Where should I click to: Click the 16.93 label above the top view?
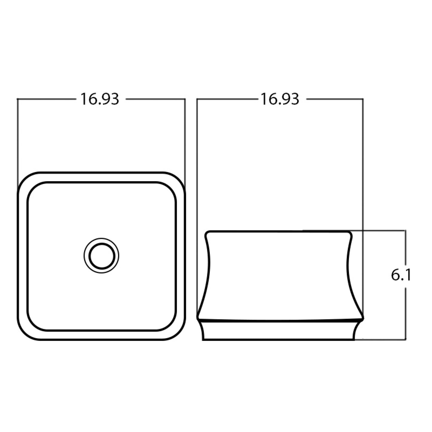point(100,99)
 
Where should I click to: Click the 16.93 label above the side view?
point(280,99)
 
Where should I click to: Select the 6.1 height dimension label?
point(401,275)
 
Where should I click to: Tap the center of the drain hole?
point(101,255)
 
